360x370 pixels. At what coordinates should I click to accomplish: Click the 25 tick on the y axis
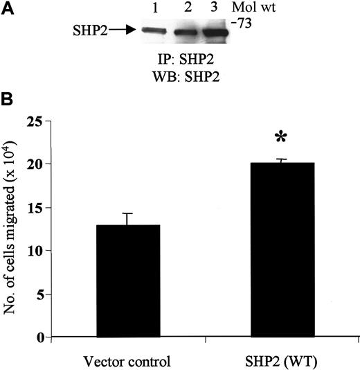[x=44, y=123]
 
